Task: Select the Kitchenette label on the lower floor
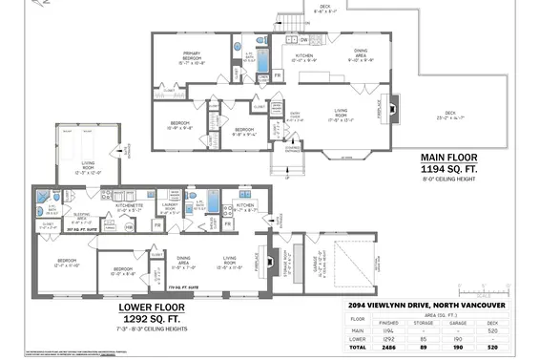pyautogui.click(x=129, y=206)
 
